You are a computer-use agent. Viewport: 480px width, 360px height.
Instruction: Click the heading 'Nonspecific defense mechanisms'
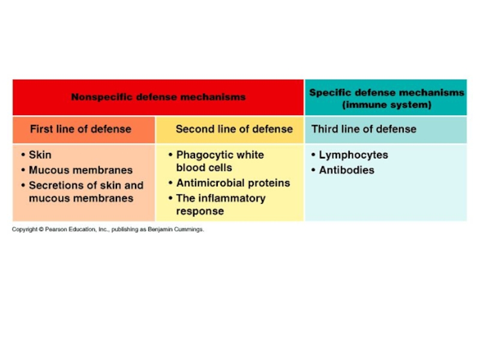point(158,97)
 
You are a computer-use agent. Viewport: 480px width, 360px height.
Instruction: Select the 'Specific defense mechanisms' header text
point(386,92)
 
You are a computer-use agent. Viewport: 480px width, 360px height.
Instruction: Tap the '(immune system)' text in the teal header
point(386,104)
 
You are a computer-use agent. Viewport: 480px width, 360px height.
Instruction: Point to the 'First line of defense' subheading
point(80,129)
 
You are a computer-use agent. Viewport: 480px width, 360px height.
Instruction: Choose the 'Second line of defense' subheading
point(234,129)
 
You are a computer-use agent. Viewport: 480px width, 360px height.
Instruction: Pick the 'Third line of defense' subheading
point(364,129)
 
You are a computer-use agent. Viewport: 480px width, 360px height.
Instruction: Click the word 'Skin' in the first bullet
point(40,155)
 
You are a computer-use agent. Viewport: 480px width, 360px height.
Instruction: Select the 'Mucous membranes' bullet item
point(80,170)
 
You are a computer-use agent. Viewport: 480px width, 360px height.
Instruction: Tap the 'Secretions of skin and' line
point(86,185)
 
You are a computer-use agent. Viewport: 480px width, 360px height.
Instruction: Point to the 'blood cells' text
point(204,167)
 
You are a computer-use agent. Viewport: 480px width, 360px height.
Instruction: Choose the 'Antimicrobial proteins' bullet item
point(233,183)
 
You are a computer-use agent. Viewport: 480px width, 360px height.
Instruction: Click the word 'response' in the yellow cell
point(200,211)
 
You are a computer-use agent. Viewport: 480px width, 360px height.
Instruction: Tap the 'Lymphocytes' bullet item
point(353,155)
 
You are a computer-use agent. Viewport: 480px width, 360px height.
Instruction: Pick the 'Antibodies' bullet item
point(346,170)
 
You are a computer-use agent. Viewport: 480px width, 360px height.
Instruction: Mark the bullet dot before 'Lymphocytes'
point(313,155)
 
